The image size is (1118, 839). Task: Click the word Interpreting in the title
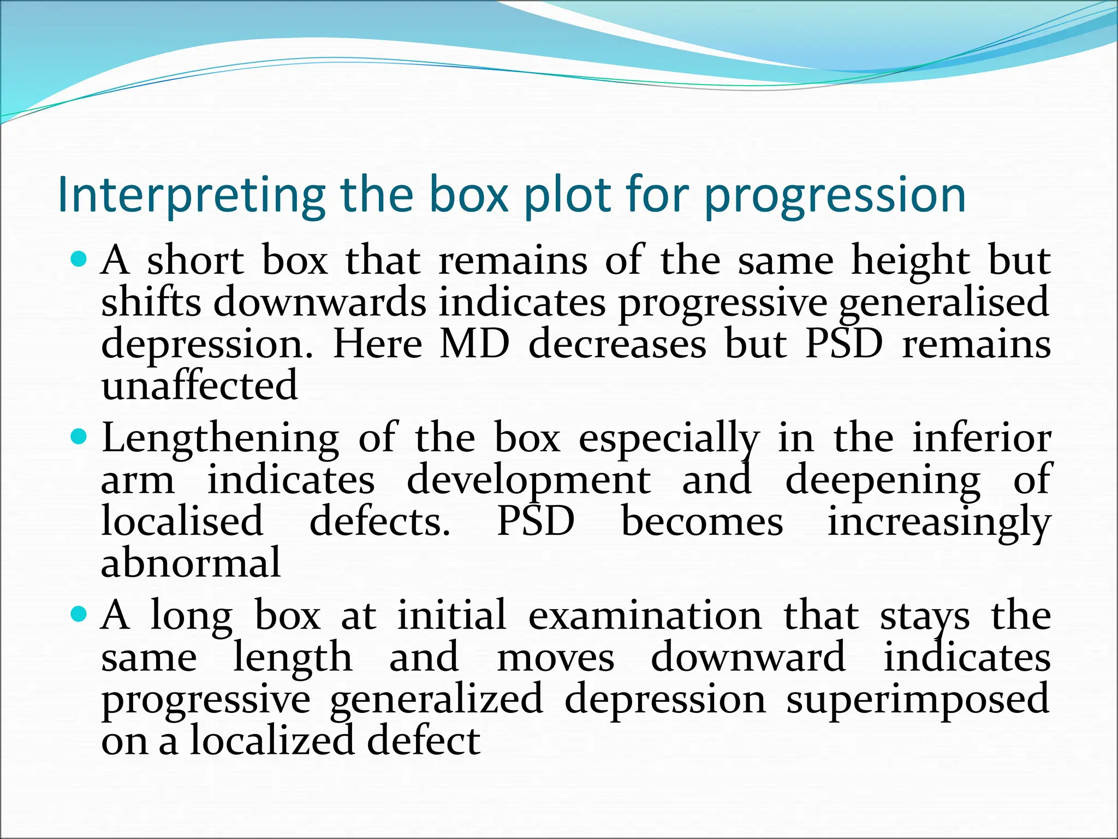coord(191,196)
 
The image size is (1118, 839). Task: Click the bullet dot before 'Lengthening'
coord(80,436)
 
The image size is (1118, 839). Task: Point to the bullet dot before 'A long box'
coord(80,614)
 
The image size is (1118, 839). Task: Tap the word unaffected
coord(199,386)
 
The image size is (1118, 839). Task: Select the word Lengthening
coord(221,439)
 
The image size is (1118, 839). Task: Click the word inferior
coord(982,438)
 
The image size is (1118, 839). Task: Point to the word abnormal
coord(191,563)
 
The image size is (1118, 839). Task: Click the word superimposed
coord(918,699)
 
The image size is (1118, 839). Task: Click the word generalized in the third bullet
coord(436,699)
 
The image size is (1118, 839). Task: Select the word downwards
coord(320,303)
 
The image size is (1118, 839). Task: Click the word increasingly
coord(938,522)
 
